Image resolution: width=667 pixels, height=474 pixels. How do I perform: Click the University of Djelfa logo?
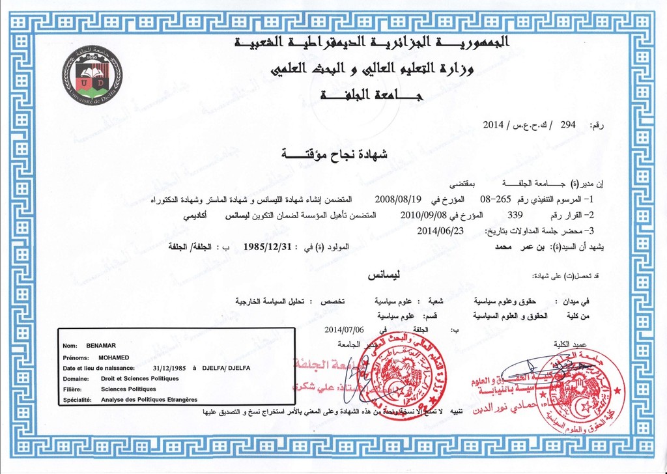pos(92,76)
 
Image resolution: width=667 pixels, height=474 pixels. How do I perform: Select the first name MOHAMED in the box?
pos(114,357)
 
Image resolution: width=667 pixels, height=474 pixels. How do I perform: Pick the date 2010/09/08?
pos(420,214)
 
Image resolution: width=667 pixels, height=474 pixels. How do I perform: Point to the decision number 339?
pos(515,214)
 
